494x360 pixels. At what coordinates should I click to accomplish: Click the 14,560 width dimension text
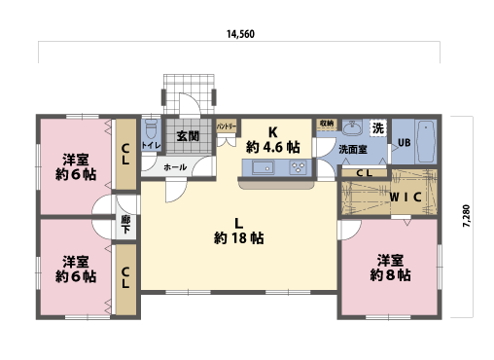click(240, 33)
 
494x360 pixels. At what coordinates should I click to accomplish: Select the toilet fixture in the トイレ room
click(151, 129)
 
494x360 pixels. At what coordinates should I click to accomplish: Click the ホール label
click(175, 167)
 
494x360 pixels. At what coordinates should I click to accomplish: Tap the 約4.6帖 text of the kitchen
click(273, 148)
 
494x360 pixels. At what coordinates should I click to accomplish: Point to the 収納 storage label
click(326, 124)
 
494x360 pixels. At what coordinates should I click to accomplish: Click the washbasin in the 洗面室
click(352, 130)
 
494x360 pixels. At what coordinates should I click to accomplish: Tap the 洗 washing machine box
click(377, 128)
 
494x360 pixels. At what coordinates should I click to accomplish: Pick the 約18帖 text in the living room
click(239, 236)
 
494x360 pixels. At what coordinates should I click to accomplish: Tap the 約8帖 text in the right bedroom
click(390, 275)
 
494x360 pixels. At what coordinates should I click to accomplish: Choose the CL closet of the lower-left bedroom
click(126, 278)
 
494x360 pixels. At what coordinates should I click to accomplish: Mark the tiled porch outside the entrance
click(187, 89)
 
